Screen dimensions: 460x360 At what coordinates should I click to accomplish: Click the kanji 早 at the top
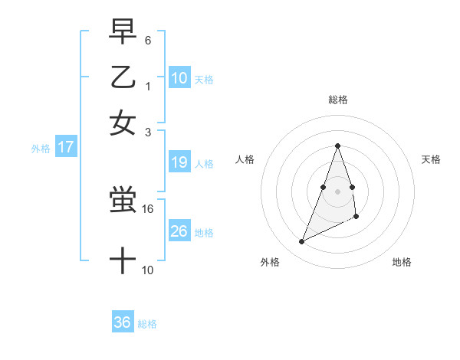[123, 32]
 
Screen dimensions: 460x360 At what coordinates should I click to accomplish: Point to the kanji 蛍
[123, 201]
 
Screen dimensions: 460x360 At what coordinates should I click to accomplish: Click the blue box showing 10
[179, 77]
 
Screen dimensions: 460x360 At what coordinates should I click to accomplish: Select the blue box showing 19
[179, 162]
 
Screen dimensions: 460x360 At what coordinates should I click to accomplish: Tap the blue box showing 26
[179, 231]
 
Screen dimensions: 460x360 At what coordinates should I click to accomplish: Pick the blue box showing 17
[65, 147]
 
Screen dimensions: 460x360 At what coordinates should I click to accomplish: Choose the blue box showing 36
[123, 322]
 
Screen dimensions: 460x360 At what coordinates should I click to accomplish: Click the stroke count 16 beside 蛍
[149, 208]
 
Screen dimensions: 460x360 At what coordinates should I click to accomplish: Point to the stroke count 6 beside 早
[148, 39]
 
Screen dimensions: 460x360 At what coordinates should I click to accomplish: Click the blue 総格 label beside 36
[147, 324]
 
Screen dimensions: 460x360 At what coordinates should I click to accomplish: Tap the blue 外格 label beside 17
[41, 149]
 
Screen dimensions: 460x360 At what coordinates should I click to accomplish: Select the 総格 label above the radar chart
[337, 100]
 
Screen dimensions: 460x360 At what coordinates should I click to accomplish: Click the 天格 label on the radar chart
[431, 159]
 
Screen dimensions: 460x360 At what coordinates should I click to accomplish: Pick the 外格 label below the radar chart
[270, 262]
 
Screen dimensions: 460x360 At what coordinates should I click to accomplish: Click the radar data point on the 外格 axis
[302, 242]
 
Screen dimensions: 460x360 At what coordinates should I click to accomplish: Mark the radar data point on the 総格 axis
[337, 146]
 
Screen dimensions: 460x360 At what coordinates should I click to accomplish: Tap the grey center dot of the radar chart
[337, 191]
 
